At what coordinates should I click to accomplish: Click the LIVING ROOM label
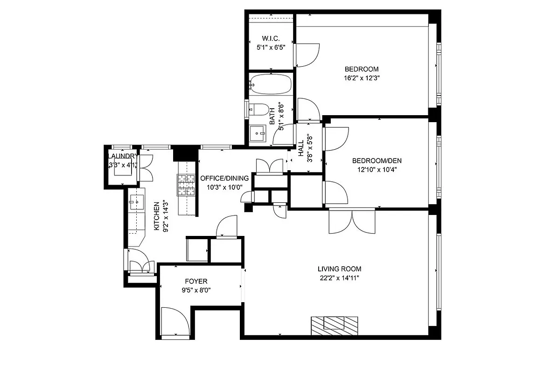(339, 269)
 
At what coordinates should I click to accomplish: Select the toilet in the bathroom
(259, 110)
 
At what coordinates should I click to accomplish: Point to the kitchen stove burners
(185, 185)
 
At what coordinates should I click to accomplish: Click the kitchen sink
(137, 202)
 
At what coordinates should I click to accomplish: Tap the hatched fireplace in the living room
(334, 324)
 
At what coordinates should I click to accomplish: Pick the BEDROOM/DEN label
(377, 161)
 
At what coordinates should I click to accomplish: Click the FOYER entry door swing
(175, 322)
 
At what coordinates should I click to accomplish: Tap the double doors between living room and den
(352, 221)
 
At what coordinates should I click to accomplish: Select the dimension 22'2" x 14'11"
(339, 278)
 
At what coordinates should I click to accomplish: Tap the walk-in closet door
(307, 55)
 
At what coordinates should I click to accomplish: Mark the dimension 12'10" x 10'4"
(377, 170)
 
